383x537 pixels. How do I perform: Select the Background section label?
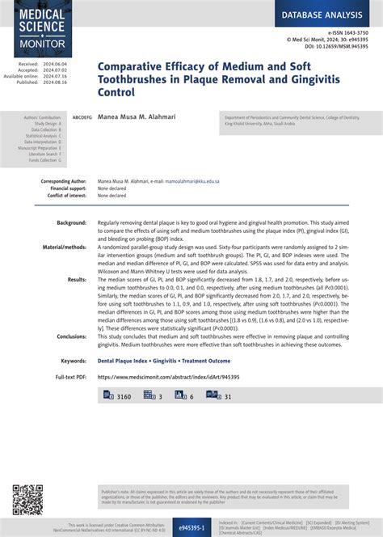[71, 222]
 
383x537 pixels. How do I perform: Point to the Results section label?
[77, 279]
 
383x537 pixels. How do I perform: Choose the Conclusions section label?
[71, 336]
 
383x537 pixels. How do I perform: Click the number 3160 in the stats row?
[124, 396]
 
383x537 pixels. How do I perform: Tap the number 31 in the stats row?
[228, 396]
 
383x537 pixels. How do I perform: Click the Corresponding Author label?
[64, 182]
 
